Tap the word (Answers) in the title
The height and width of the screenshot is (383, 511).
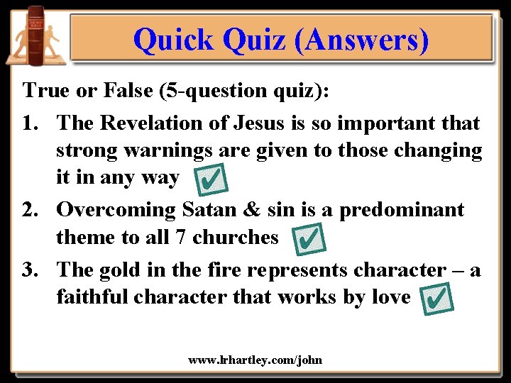tap(363, 40)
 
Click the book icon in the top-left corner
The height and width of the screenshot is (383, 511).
tap(35, 35)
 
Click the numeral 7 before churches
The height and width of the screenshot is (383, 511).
tap(182, 237)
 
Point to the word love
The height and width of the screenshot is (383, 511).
tap(390, 296)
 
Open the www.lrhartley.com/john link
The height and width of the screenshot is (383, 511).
tap(255, 360)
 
